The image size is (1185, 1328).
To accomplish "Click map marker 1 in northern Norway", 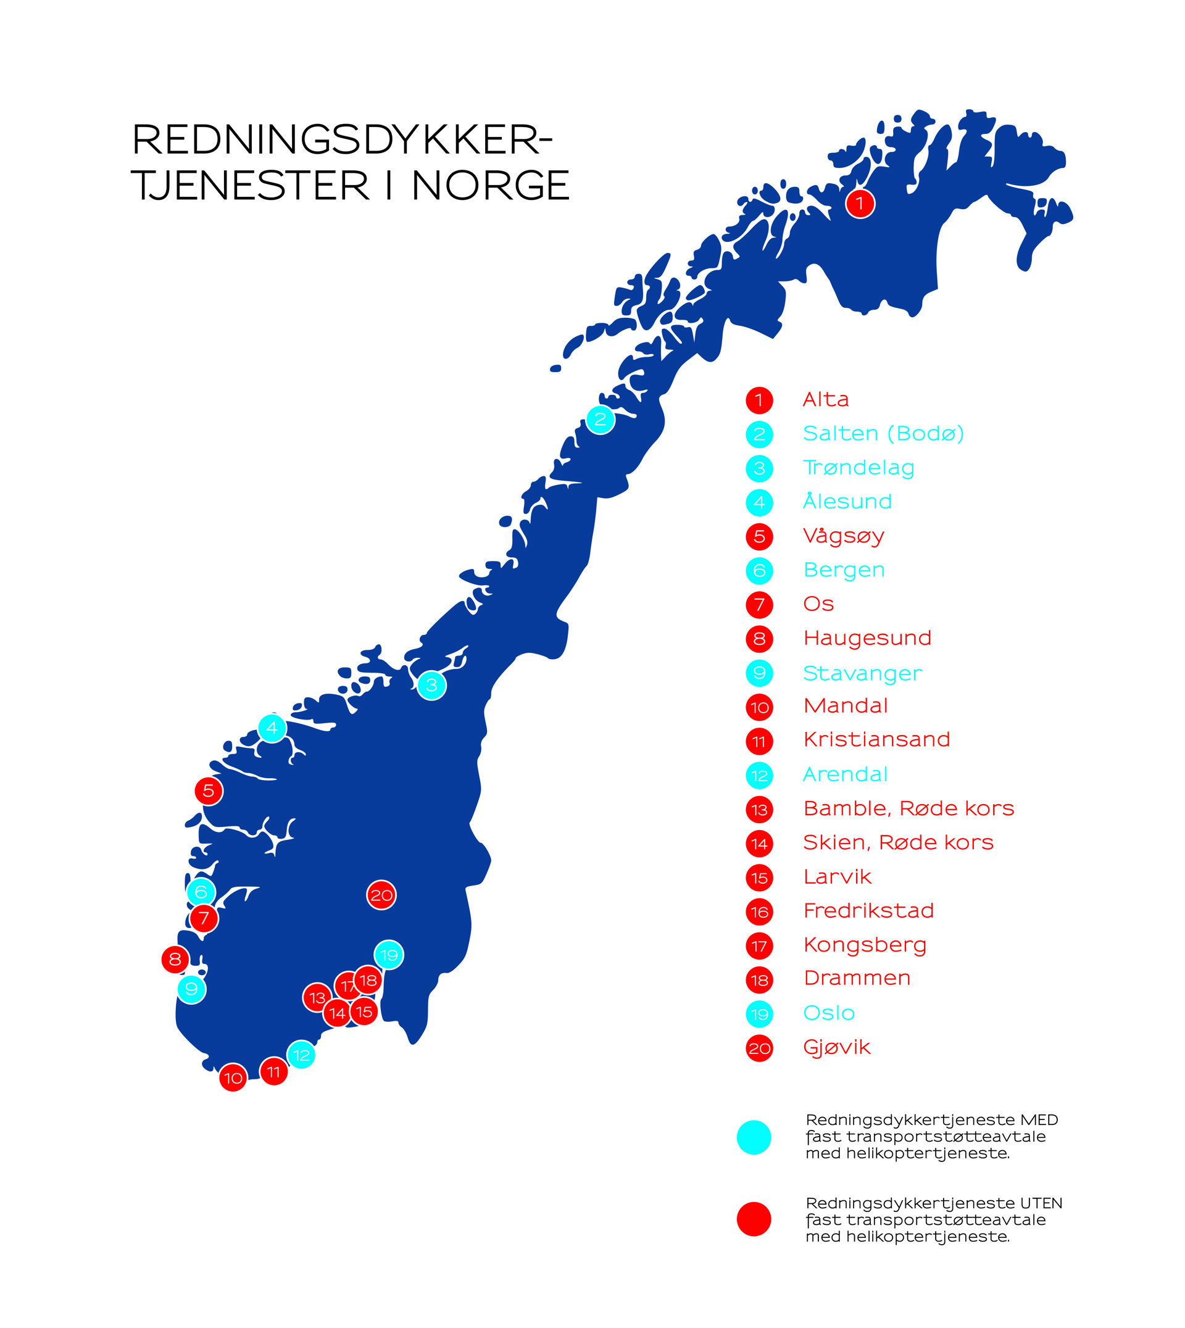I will pos(860,204).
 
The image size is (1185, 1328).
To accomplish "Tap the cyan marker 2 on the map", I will pos(600,419).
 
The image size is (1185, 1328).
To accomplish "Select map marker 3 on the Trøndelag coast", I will pos(431,685).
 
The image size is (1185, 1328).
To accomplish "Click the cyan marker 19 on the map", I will pos(389,955).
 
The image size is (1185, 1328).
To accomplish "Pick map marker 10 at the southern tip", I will pos(233,1078).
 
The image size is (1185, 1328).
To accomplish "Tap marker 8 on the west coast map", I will pos(175,959).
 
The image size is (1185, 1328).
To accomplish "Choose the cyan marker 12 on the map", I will pos(301,1055).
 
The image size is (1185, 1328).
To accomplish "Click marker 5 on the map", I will pos(209,791).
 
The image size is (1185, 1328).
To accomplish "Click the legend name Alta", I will pos(826,399).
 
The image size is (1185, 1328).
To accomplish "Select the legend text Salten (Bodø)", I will pos(883,433).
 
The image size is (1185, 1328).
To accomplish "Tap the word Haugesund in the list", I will pos(867,638).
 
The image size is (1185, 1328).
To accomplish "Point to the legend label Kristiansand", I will pos(876,739).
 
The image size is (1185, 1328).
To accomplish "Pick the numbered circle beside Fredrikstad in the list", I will pos(759,912).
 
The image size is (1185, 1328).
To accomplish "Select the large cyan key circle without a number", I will pos(754,1137).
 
